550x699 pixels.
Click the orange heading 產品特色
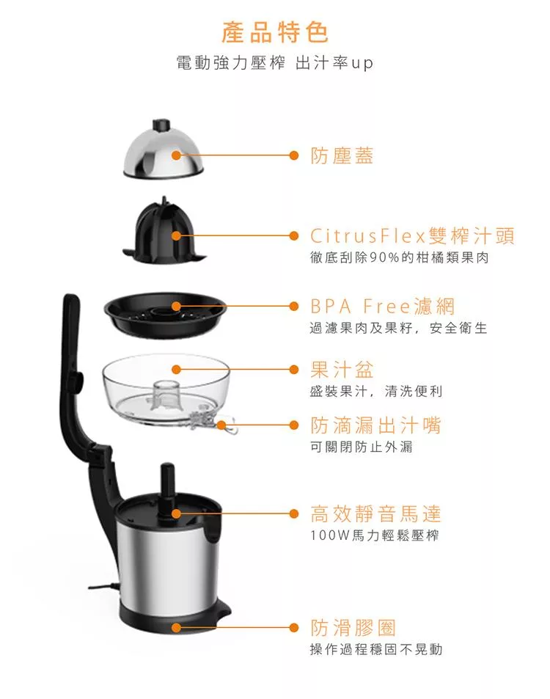[x=275, y=32]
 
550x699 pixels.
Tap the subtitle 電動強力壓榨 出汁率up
[x=274, y=63]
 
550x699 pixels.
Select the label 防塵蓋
[x=342, y=155]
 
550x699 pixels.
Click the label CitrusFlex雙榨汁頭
[x=412, y=235]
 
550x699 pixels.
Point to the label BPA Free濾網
[x=382, y=307]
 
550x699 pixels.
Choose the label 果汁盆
[x=342, y=370]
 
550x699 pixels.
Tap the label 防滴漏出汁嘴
[x=375, y=425]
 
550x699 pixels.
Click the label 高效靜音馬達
[x=375, y=513]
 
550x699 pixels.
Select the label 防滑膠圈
[x=353, y=628]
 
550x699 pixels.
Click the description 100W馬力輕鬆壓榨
[x=375, y=535]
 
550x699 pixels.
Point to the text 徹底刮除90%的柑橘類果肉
[x=400, y=257]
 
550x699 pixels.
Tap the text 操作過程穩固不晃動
[x=376, y=650]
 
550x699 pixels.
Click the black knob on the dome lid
[x=161, y=125]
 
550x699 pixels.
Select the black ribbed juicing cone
[x=164, y=231]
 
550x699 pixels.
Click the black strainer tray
[x=165, y=315]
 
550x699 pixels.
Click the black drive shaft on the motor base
[x=168, y=491]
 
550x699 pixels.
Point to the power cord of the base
[x=103, y=588]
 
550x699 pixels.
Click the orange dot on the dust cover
[x=177, y=155]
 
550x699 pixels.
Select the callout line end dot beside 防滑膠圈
[x=294, y=628]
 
